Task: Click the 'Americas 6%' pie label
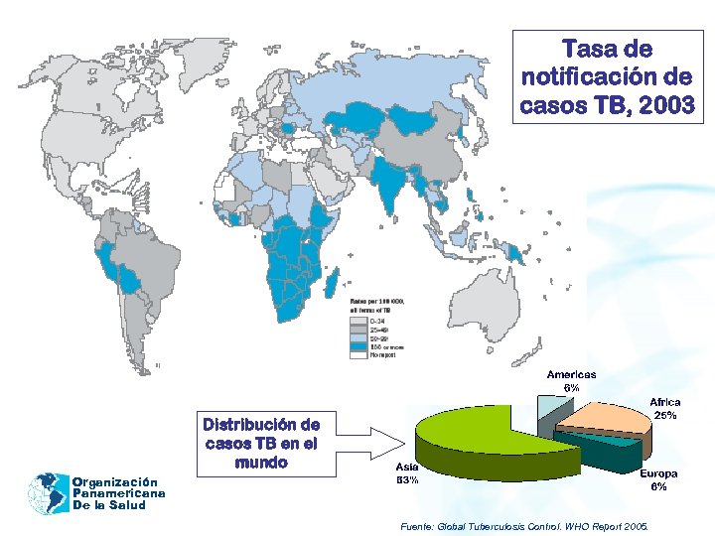click(x=572, y=380)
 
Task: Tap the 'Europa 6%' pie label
click(x=658, y=479)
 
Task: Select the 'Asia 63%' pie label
click(x=407, y=472)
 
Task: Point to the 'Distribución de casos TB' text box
click(x=261, y=443)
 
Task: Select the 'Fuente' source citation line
click(x=523, y=523)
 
